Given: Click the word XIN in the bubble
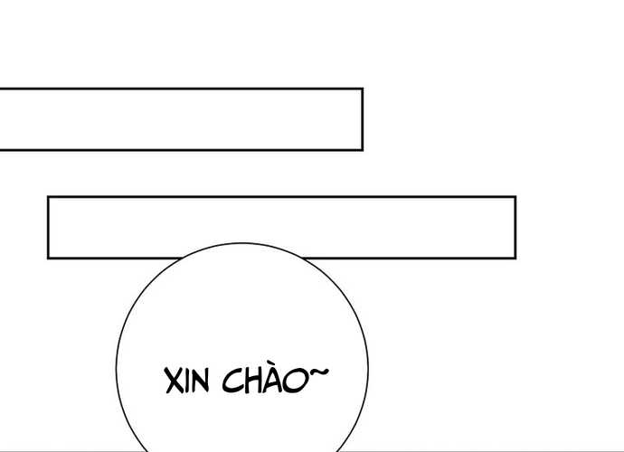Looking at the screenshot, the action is click(x=186, y=381).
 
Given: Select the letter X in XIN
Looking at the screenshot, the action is click(x=174, y=381).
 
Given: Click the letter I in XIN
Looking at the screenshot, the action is click(x=186, y=381).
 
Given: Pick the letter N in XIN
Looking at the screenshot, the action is click(x=200, y=381).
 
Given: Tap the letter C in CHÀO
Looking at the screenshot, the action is click(x=232, y=381).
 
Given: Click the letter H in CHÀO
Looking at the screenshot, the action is click(x=253, y=381).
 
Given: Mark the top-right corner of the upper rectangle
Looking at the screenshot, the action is click(x=362, y=89).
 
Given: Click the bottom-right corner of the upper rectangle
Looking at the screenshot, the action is click(x=362, y=149).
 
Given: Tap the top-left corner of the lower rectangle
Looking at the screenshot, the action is click(x=48, y=197).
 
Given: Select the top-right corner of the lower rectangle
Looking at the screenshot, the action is click(x=515, y=197).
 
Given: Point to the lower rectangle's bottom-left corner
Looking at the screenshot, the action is click(x=48, y=259).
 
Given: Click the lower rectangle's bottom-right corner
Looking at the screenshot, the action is click(x=515, y=259).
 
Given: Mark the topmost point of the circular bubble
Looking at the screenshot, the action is click(x=242, y=243).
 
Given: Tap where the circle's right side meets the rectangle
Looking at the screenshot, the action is click(x=303, y=259).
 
